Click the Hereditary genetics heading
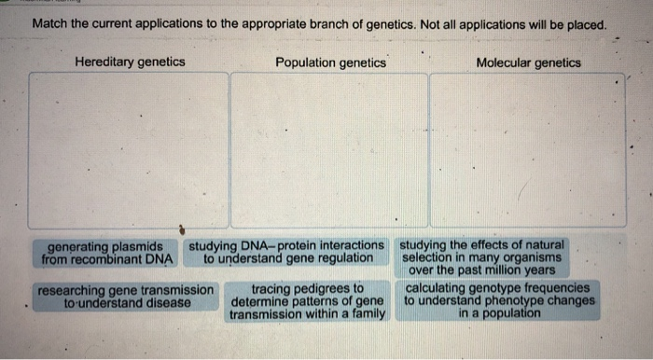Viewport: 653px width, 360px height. tap(130, 62)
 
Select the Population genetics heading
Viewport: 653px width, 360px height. tap(331, 62)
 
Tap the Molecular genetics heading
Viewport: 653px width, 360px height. tap(528, 62)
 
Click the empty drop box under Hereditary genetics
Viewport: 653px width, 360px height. tap(128, 149)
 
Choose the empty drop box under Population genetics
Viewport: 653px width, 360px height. tap(329, 149)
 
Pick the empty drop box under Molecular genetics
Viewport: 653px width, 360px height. tap(528, 149)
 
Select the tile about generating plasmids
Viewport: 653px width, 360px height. tap(110, 252)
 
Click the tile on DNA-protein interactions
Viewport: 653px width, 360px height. tap(287, 252)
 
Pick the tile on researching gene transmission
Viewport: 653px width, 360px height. tap(126, 296)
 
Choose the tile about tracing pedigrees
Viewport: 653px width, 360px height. tap(307, 301)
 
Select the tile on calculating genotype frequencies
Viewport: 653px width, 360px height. tap(499, 301)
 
